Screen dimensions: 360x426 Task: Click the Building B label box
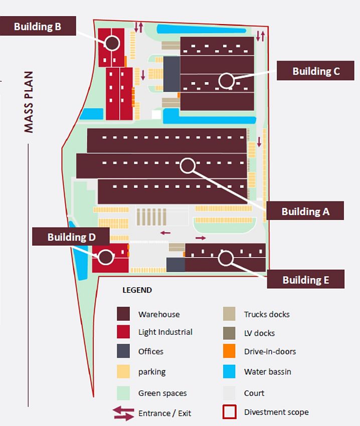(38, 26)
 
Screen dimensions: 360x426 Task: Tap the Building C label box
(315, 71)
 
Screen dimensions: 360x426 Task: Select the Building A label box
(305, 211)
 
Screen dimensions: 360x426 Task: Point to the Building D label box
(71, 237)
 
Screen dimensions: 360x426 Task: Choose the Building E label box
(306, 279)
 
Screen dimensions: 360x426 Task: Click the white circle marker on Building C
(227, 80)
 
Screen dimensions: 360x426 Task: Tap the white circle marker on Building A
(188, 165)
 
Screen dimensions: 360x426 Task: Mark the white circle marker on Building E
(226, 258)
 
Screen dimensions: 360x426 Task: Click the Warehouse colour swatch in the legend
(123, 314)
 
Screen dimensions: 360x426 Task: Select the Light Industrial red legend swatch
(123, 332)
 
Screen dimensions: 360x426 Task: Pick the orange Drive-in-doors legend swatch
(229, 351)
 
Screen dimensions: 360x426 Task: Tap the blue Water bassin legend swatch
(229, 371)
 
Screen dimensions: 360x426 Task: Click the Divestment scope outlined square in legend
(229, 412)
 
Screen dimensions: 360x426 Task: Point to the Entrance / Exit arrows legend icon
(123, 413)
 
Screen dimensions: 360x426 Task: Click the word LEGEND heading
(137, 290)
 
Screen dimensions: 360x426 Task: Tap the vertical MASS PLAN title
(29, 102)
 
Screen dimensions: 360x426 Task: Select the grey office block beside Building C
(172, 74)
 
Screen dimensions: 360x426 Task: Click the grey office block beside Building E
(175, 265)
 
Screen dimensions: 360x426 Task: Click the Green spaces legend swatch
(123, 393)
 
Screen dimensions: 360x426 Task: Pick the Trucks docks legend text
(267, 314)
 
